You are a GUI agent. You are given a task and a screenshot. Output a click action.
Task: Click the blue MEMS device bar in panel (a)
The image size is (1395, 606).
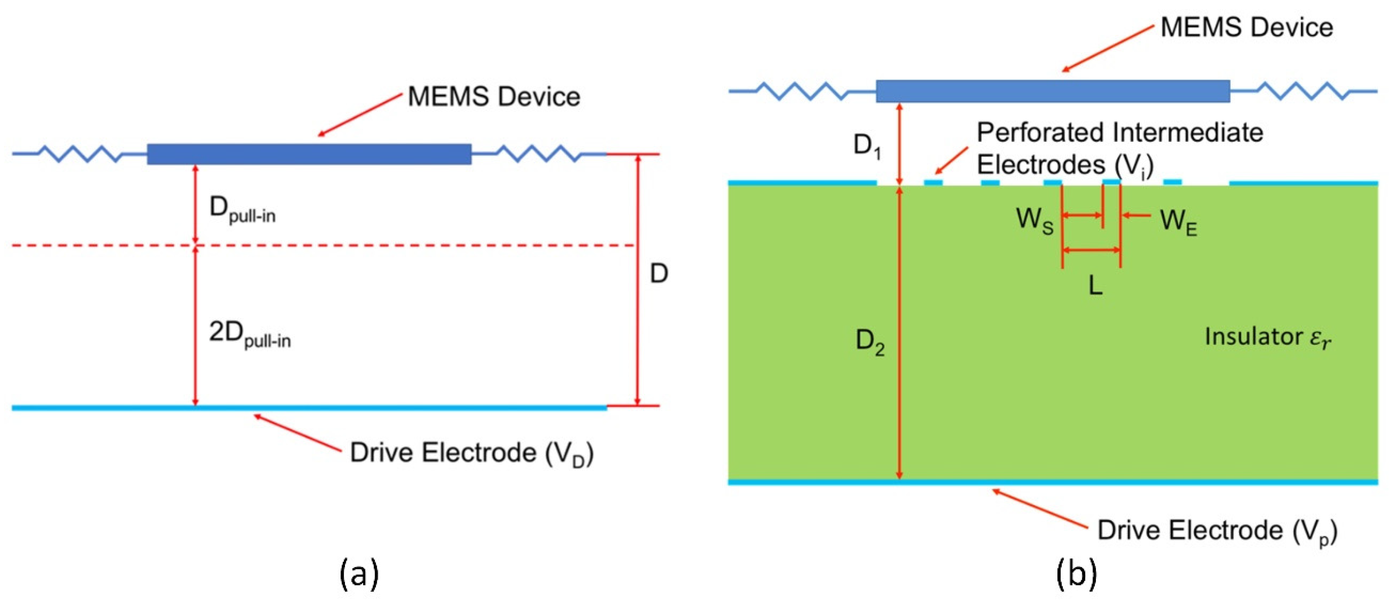click(309, 154)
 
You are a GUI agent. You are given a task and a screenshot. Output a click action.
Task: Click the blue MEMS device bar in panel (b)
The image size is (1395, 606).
click(1052, 91)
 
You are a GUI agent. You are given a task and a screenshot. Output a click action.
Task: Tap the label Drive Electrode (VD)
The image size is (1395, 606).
click(471, 453)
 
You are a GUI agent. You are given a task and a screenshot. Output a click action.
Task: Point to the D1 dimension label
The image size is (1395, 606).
click(866, 146)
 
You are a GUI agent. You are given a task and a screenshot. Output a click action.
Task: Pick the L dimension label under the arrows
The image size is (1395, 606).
click(1095, 285)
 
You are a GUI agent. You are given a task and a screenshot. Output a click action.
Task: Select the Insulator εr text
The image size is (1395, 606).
click(1267, 337)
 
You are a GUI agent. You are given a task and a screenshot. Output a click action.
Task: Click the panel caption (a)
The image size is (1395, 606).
click(359, 574)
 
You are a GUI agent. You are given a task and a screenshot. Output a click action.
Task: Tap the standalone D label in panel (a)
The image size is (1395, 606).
click(659, 274)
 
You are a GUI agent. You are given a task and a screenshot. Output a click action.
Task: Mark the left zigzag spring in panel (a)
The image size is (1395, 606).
click(81, 154)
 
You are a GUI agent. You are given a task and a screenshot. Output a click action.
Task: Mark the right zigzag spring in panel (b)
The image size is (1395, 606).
click(1302, 91)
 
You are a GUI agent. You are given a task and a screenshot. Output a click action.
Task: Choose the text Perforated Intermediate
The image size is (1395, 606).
click(1119, 133)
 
